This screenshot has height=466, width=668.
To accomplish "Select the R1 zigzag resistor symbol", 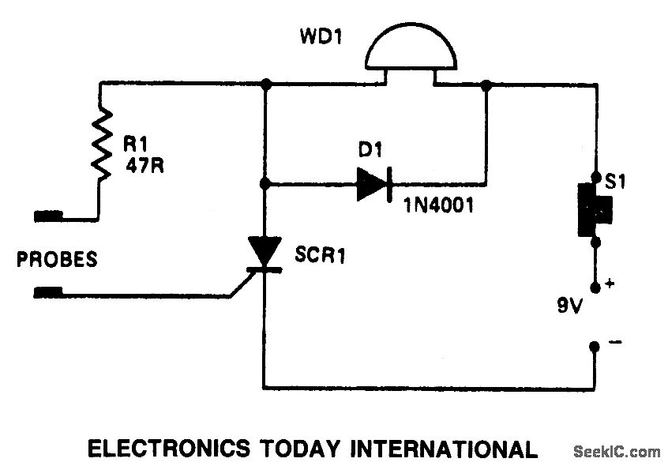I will [x=101, y=143].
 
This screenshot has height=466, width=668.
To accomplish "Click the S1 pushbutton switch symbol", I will [x=591, y=209].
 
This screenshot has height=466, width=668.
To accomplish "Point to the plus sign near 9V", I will [x=609, y=281].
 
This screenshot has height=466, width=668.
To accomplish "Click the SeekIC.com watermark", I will [x=615, y=453].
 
